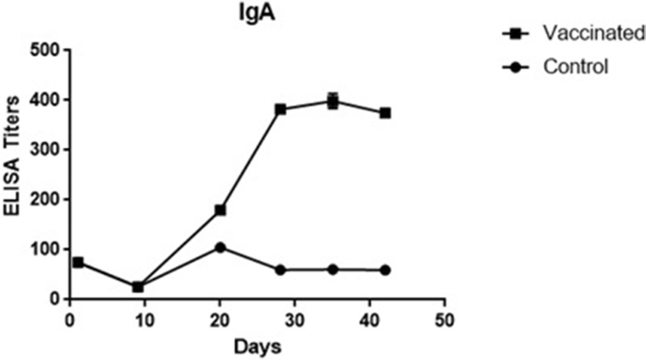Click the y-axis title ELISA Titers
pos(13,175)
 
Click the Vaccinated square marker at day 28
pos(280,109)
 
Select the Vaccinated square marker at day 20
pos(220,210)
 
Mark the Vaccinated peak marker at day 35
pos(333,101)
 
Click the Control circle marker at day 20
pos(220,248)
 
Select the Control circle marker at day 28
pos(280,270)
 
